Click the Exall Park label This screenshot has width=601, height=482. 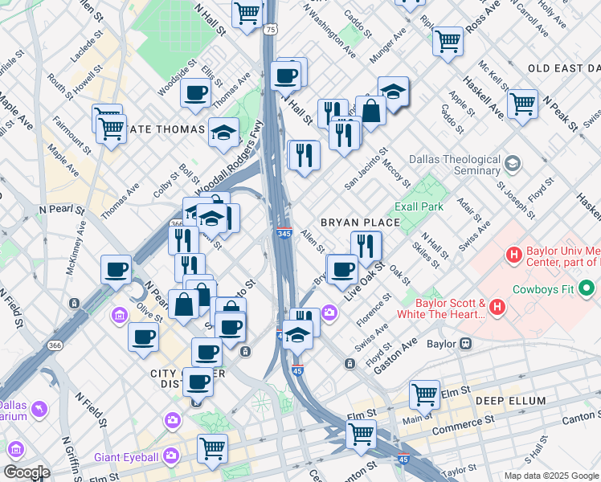click(x=419, y=206)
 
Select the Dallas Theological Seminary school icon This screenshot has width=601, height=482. click(x=512, y=165)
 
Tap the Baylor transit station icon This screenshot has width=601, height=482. click(x=465, y=343)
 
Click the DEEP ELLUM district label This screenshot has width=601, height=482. click(x=509, y=401)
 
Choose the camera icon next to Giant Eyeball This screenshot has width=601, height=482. click(x=170, y=456)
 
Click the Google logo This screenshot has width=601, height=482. click(x=26, y=472)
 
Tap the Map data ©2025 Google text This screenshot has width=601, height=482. click(x=550, y=476)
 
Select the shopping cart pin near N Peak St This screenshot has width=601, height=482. click(x=522, y=103)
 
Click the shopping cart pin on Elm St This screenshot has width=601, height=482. click(x=424, y=394)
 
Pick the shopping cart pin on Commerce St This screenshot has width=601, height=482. click(x=362, y=434)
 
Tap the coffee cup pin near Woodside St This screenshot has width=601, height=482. click(x=195, y=92)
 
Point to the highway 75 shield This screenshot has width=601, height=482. click(x=271, y=30)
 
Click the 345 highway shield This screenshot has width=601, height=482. click(x=284, y=233)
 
